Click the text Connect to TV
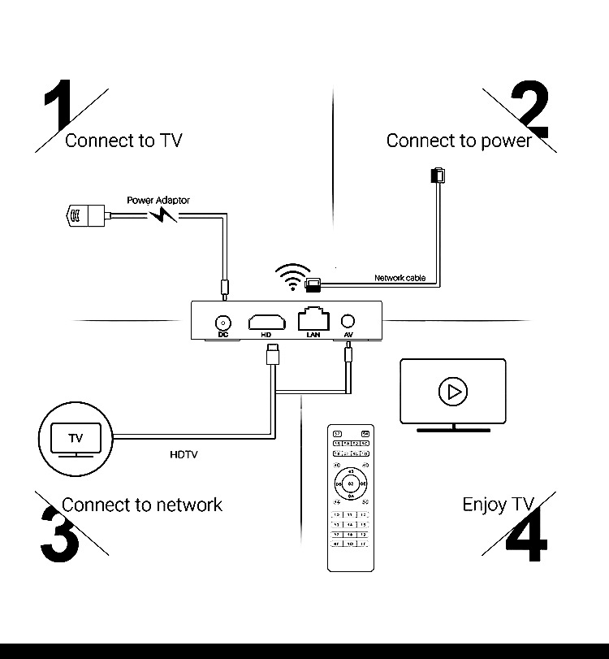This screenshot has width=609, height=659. [123, 141]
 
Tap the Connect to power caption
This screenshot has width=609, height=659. [458, 141]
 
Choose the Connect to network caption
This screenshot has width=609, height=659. [141, 505]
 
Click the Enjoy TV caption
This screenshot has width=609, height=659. [498, 505]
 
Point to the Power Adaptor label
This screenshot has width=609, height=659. [158, 200]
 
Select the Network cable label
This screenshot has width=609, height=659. [400, 278]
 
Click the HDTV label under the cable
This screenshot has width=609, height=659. [184, 454]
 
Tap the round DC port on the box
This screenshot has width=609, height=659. [222, 320]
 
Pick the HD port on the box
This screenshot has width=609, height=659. [266, 319]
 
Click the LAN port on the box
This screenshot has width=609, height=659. [313, 318]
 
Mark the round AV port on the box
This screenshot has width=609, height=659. [348, 320]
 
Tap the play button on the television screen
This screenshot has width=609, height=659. [452, 392]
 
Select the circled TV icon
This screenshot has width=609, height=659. [76, 438]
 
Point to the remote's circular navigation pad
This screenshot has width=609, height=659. [351, 484]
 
